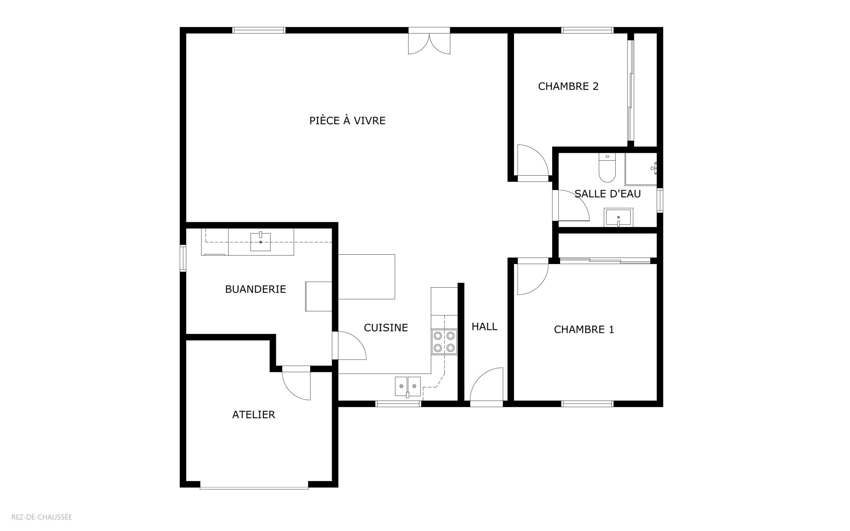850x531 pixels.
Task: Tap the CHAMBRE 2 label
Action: tap(568, 86)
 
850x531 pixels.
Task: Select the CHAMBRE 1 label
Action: tap(584, 329)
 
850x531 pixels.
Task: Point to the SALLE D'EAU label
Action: tap(607, 194)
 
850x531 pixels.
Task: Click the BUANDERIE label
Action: tap(255, 289)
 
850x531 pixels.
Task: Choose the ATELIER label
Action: tap(253, 415)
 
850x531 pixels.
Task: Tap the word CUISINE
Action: tap(385, 328)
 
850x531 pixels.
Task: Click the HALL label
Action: tap(484, 327)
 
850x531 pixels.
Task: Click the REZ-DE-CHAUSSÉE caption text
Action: tap(42, 517)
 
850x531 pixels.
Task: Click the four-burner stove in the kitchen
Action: tap(444, 342)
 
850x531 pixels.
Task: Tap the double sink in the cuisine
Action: tap(408, 386)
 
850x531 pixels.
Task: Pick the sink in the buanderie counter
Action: tap(260, 242)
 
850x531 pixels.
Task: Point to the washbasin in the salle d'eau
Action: tap(618, 218)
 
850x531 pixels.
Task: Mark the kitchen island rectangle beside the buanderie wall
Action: tap(367, 277)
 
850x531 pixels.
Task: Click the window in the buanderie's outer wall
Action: tap(183, 258)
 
